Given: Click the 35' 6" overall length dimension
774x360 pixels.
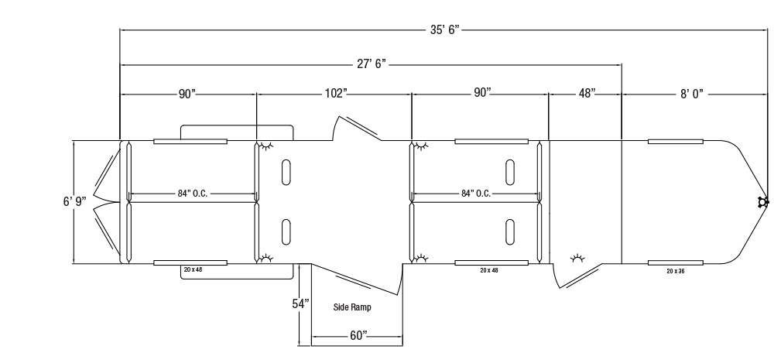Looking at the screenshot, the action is click(444, 29).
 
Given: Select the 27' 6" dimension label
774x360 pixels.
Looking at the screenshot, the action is click(372, 64).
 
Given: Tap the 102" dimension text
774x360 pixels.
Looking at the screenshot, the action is click(336, 94).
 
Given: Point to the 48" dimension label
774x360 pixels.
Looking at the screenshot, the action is click(587, 94).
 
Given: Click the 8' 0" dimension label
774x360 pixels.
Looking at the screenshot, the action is click(691, 94).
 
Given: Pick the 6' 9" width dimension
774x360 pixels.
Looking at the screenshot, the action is click(74, 201).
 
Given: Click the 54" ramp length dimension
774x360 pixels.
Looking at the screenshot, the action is click(300, 303).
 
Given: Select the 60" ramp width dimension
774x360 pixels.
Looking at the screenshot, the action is click(359, 336).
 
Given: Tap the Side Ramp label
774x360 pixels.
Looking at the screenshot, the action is click(352, 307).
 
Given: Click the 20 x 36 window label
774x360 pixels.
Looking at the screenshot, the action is click(675, 271).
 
